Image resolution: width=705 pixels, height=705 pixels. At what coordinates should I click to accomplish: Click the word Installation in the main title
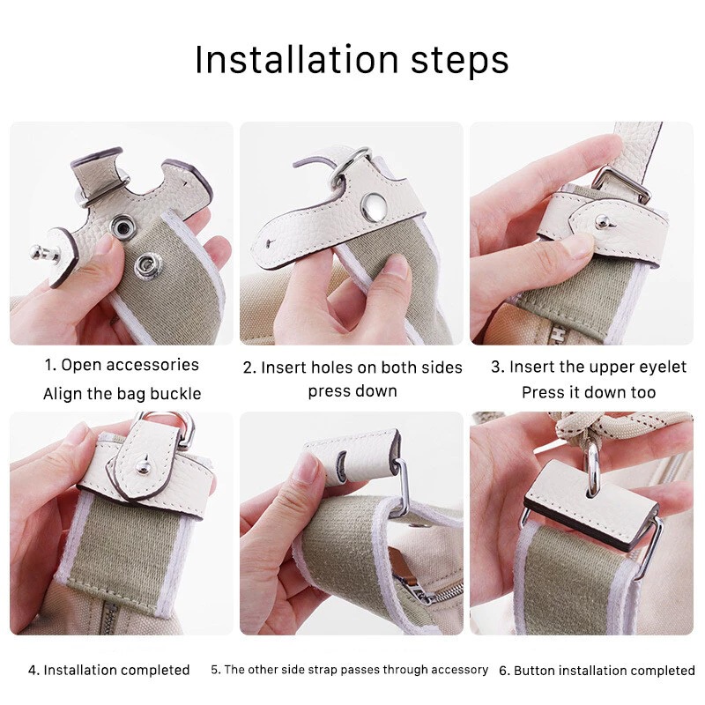pos(297,59)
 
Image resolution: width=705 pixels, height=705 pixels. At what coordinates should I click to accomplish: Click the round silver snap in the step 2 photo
pos(373,208)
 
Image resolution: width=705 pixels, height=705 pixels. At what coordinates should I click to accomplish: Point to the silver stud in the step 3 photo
pos(604,222)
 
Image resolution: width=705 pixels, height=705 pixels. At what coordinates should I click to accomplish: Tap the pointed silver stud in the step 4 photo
pos(143,464)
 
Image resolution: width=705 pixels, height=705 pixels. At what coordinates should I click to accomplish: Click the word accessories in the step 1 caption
pos(152,365)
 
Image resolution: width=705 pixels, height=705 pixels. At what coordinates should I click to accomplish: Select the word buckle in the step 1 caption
pos(175,393)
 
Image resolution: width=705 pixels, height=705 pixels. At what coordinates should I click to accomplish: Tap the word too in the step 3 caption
pos(643,392)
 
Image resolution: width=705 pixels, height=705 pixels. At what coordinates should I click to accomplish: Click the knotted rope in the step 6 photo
pos(580,428)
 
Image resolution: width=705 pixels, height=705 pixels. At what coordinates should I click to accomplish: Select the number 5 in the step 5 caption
pos(215,670)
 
